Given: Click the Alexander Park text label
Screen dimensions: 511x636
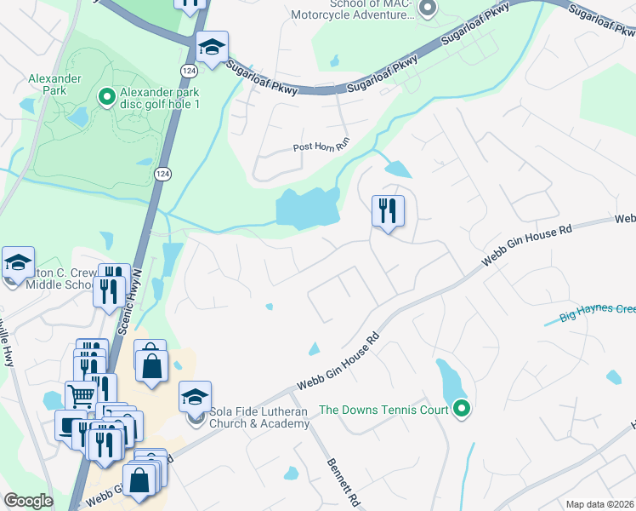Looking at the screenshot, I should click(x=54, y=83).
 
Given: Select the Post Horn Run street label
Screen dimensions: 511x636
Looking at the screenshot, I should click(x=321, y=146).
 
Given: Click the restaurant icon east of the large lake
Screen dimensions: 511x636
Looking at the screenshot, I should click(x=388, y=210).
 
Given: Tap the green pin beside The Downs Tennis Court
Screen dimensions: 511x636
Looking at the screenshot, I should click(x=461, y=410).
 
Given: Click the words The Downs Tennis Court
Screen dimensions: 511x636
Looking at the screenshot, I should click(x=383, y=410).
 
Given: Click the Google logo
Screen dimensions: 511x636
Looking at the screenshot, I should click(x=28, y=501).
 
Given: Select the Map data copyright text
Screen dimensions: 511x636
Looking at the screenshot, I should click(x=600, y=504).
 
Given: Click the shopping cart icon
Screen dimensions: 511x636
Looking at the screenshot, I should click(x=81, y=395).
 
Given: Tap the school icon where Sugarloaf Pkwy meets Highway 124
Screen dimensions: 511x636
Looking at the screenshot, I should click(x=212, y=47).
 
